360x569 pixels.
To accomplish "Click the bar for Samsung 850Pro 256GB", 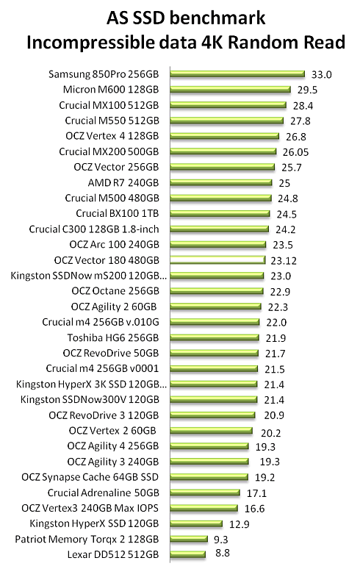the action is pos(237,74).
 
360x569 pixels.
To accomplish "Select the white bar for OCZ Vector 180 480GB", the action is pos(218,260).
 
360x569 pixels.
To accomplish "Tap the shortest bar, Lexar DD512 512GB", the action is pos(188,554).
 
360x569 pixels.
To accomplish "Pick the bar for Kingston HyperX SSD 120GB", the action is pos(196,523).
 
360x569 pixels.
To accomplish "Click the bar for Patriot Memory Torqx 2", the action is pos(189,539).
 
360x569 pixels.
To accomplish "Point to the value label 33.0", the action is pos(322,75).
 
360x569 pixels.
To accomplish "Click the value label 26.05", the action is pos(295,152).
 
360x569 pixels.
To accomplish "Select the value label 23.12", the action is pos(284,260).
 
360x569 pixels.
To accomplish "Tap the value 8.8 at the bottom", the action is pos(223,553).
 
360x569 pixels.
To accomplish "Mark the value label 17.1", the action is pos(256,493).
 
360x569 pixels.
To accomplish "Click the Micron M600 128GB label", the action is pos(111,89).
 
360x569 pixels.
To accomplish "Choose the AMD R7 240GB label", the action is pos(123,182).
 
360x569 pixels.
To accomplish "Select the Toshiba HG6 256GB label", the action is pos(113,338).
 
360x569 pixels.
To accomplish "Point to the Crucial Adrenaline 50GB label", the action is pos(104,493).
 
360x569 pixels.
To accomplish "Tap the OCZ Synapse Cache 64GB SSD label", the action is pos(90,477).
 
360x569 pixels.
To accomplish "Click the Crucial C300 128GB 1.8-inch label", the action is pos(94,229).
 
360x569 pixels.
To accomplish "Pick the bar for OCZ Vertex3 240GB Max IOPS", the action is pos(204,508).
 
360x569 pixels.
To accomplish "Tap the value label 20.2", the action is pos(271,433).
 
